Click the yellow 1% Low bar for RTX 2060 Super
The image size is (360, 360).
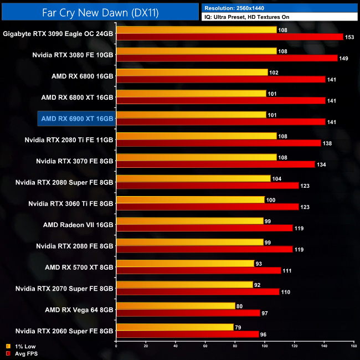coord(174,327)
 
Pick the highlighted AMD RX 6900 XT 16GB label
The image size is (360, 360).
coord(77,119)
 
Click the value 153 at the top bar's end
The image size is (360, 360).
coord(351,37)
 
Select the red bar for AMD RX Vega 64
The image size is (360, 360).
coord(188,313)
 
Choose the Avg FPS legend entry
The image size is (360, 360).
coord(20,353)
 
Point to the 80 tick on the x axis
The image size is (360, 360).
coord(235,347)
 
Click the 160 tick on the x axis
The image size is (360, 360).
coord(353,347)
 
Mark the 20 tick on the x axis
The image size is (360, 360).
coord(146,347)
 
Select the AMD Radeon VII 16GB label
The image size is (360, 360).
coord(78,225)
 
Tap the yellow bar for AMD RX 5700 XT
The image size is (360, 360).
coord(185,264)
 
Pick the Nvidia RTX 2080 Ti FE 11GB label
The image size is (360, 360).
coord(69,140)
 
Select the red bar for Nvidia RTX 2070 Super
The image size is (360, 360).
coord(198,292)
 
